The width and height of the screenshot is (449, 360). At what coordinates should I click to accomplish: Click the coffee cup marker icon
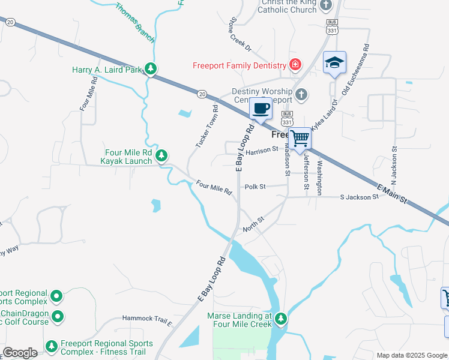point(261,109)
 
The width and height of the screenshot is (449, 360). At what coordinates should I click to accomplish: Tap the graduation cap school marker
point(334,62)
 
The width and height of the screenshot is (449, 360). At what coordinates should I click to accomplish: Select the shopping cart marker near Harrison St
point(300,139)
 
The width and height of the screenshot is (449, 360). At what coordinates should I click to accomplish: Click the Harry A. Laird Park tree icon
point(152,70)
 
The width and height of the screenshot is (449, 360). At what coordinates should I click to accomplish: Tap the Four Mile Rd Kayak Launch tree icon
point(161,157)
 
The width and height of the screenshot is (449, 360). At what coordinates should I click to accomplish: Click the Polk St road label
point(255,187)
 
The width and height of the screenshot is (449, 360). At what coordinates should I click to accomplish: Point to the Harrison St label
point(262,150)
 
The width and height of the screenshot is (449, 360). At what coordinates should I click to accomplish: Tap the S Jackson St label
point(359,197)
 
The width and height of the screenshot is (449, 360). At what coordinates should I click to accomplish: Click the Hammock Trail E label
point(146,319)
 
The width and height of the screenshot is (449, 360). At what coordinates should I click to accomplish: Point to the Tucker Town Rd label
point(206,127)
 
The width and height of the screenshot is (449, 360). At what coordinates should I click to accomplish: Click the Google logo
point(20,352)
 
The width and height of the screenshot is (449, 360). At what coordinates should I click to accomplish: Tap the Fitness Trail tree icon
point(52,347)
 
